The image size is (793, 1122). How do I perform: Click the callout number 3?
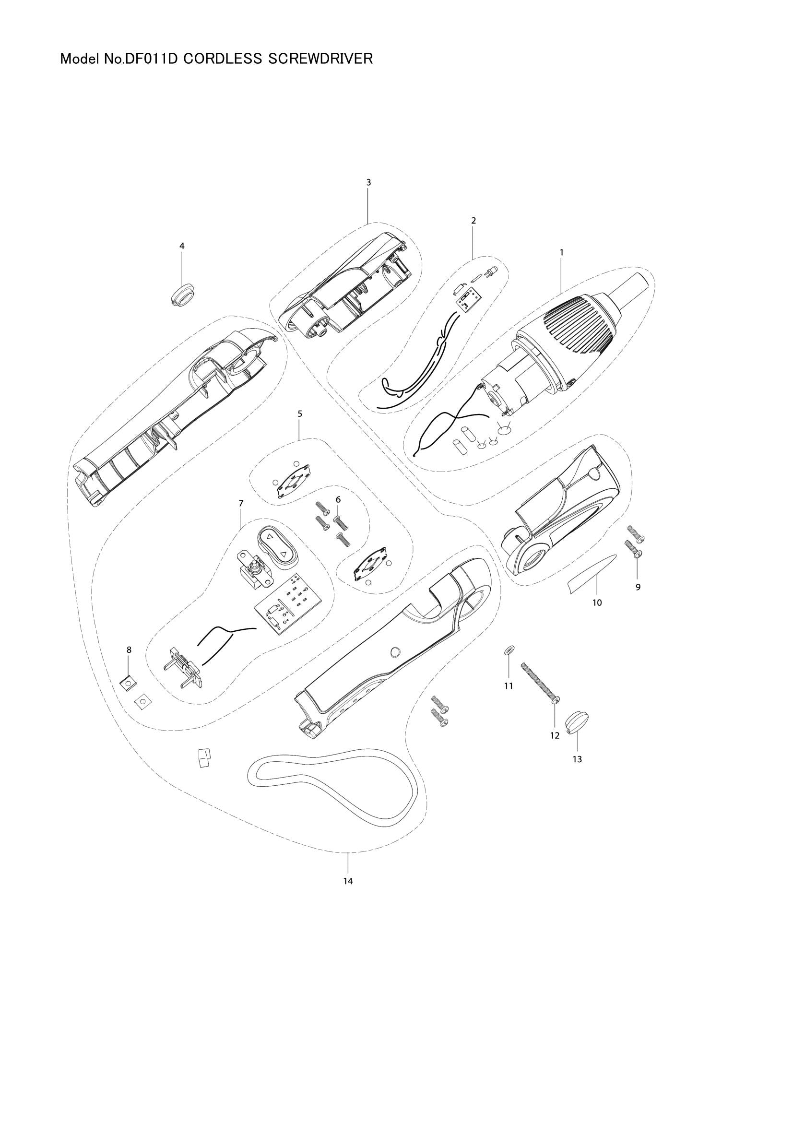point(368,182)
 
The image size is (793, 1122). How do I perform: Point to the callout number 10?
point(597,602)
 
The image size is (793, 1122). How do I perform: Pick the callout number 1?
point(561,252)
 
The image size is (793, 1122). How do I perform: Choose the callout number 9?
point(638,587)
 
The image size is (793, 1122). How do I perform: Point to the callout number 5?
point(299,413)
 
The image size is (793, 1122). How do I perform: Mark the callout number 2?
point(473,220)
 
